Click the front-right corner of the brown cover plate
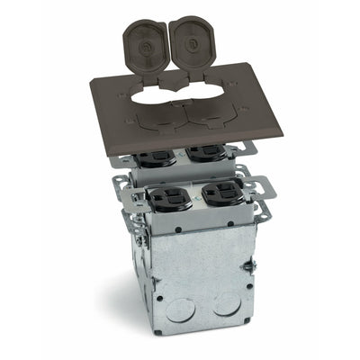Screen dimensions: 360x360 pyautogui.click(x=280, y=136)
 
